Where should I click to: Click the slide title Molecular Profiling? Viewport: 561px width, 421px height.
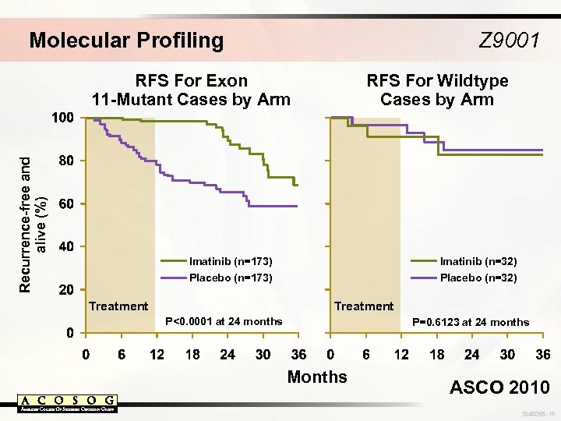pyautogui.click(x=126, y=40)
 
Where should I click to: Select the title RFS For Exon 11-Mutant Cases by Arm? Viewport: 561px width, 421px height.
pyautogui.click(x=191, y=90)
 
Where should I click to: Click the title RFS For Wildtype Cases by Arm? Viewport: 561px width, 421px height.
pyautogui.click(x=437, y=90)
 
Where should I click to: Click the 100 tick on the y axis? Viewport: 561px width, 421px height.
pyautogui.click(x=62, y=118)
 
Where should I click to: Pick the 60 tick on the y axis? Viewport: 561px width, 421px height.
pyautogui.click(x=66, y=203)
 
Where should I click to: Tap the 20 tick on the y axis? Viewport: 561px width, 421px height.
pyautogui.click(x=66, y=289)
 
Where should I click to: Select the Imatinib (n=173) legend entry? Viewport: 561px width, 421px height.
pyautogui.click(x=231, y=261)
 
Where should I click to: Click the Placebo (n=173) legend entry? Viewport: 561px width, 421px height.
pyautogui.click(x=231, y=278)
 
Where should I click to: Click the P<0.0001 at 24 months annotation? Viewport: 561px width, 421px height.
pyautogui.click(x=224, y=321)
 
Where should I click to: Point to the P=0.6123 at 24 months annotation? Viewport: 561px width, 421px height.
pyautogui.click(x=470, y=322)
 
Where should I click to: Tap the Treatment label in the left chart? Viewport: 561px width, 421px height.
pyautogui.click(x=118, y=306)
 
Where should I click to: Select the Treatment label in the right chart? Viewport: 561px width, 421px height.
pyautogui.click(x=364, y=306)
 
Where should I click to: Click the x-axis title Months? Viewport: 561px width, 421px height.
pyautogui.click(x=317, y=377)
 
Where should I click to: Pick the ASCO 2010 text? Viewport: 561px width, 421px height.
pyautogui.click(x=499, y=387)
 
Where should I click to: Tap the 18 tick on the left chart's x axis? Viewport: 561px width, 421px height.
pyautogui.click(x=192, y=355)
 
